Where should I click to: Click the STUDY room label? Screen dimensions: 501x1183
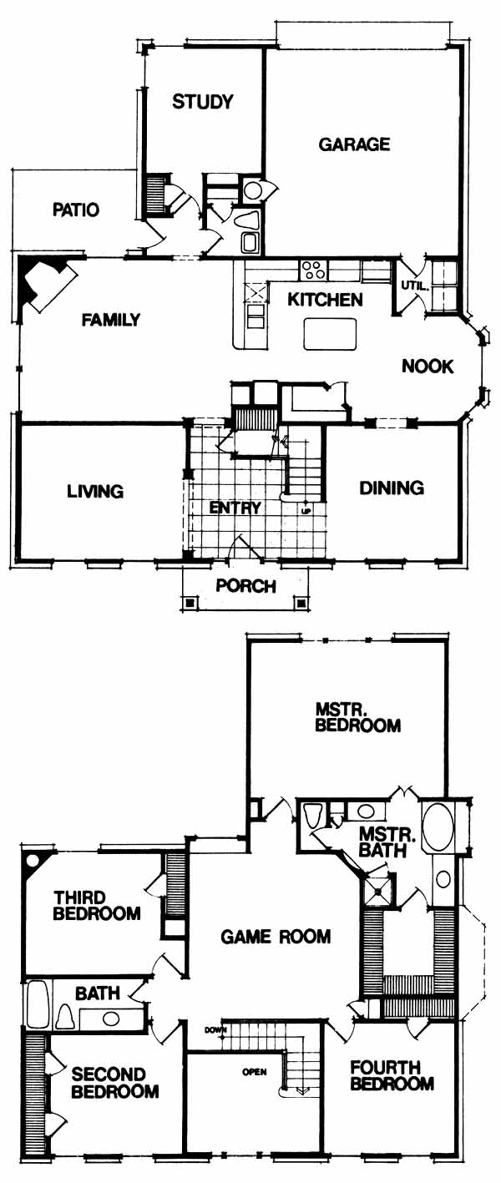pyautogui.click(x=203, y=101)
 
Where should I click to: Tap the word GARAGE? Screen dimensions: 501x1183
pyautogui.click(x=354, y=144)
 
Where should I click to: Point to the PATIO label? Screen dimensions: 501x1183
pyautogui.click(x=76, y=210)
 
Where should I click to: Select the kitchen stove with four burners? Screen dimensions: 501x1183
pyautogui.click(x=313, y=270)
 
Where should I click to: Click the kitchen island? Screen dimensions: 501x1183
pyautogui.click(x=330, y=334)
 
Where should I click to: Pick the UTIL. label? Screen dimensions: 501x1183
pyautogui.click(x=414, y=286)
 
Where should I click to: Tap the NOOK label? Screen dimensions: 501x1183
pyautogui.click(x=428, y=366)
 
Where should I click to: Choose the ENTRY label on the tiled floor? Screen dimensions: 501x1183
pyautogui.click(x=235, y=508)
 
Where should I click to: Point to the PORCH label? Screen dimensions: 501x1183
pyautogui.click(x=245, y=586)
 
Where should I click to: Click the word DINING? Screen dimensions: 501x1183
pyautogui.click(x=392, y=488)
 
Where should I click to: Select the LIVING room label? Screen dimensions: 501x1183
pyautogui.click(x=95, y=491)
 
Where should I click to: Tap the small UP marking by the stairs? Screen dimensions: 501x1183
pyautogui.click(x=306, y=511)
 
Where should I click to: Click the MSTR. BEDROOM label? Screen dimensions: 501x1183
pyautogui.click(x=357, y=716)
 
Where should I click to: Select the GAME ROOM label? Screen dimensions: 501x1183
pyautogui.click(x=276, y=937)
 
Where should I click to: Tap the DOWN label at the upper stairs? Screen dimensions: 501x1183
pyautogui.click(x=215, y=1030)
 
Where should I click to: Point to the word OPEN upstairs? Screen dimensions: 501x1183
pyautogui.click(x=254, y=1072)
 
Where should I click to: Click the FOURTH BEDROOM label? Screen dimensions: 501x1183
pyautogui.click(x=392, y=1075)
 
